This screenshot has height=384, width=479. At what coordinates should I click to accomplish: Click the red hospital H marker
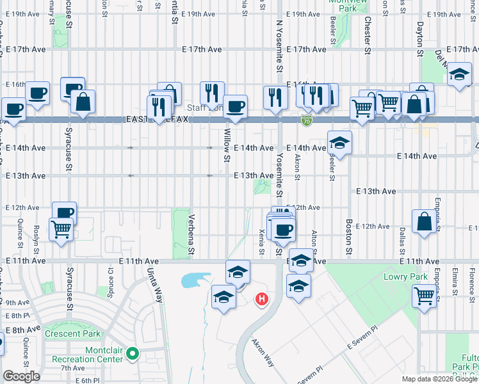coord(261,299)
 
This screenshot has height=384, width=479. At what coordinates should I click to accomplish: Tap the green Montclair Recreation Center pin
coord(133,353)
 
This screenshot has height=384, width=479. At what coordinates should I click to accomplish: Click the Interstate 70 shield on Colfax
coord(307,120)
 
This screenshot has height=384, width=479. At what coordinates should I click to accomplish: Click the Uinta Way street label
coord(156,286)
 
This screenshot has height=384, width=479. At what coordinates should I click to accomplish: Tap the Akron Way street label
coord(263,353)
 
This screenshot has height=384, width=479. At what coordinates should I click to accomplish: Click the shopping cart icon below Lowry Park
coord(424,296)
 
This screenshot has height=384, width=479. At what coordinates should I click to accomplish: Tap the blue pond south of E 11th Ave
coord(195,280)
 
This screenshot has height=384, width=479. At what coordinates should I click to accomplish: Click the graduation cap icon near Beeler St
coord(340,142)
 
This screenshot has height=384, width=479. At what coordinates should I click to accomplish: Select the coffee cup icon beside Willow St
coord(235,106)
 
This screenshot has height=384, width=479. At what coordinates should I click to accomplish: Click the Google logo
coord(21,376)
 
